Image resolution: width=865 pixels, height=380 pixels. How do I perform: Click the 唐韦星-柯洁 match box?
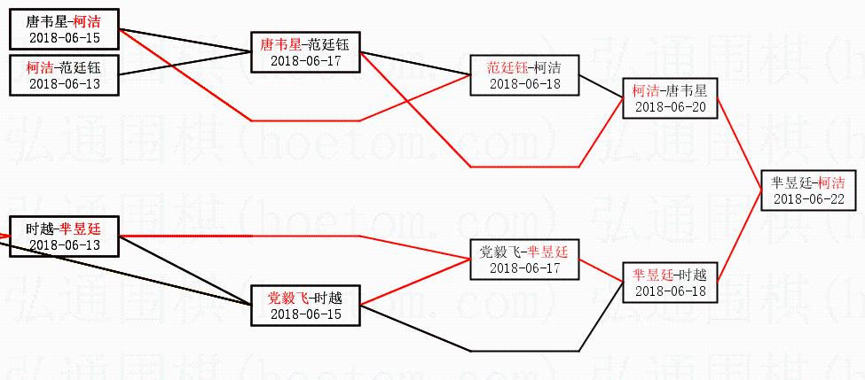pos(64,28)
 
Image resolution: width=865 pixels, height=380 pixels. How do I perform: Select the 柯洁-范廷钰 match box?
pos(64,74)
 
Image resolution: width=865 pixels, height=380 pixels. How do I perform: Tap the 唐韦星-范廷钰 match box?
pos(305,51)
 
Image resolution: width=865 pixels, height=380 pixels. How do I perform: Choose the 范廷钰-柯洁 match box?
pos(524,74)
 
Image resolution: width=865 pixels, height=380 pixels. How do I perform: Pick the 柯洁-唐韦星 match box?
pos(670,98)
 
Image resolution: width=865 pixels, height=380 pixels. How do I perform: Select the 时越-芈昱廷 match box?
pos(64,236)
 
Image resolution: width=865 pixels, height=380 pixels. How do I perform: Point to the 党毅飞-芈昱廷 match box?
pos(524,259)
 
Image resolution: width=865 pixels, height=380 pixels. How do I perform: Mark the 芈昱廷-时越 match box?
pos(670,283)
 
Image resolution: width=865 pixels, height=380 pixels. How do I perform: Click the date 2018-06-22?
pos(808,198)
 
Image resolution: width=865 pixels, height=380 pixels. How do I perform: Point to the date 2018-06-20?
pos(670,107)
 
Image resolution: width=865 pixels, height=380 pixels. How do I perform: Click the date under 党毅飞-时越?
pos(305,314)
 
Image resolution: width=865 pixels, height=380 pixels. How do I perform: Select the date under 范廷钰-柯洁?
pos(524,83)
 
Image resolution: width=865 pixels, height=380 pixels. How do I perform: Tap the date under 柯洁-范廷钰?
pos(64,83)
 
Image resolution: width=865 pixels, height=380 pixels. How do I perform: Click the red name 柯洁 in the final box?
pos(831,182)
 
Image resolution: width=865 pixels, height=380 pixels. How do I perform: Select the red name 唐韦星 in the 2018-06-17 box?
pos(280,43)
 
